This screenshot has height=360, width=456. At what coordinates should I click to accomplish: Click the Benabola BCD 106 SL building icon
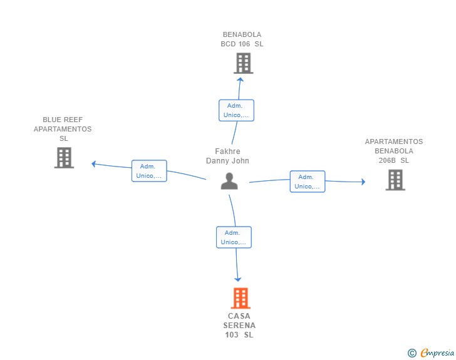[243, 63]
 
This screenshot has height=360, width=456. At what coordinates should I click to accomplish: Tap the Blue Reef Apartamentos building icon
[64, 158]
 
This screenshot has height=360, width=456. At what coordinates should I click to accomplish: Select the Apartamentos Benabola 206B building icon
[395, 180]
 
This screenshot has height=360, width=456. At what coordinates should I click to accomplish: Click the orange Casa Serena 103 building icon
[241, 298]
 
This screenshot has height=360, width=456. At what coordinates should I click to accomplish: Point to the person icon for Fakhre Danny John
[229, 180]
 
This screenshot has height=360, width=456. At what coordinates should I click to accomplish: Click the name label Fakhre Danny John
[227, 156]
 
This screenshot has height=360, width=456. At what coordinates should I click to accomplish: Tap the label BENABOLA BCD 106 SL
[242, 39]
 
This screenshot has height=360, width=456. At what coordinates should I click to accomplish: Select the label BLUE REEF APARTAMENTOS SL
[63, 129]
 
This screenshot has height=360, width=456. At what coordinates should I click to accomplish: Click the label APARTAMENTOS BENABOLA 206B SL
[394, 151]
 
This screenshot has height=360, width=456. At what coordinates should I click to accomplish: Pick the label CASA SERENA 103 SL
[239, 326]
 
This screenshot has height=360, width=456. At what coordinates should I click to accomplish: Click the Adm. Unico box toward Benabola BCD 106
[236, 110]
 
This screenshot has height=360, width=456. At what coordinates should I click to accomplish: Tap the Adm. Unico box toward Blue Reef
[149, 171]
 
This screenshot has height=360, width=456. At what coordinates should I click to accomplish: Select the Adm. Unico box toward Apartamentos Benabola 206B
[307, 182]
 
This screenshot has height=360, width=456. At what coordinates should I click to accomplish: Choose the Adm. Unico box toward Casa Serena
[234, 237]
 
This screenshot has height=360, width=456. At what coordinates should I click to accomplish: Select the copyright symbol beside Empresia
[412, 353]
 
